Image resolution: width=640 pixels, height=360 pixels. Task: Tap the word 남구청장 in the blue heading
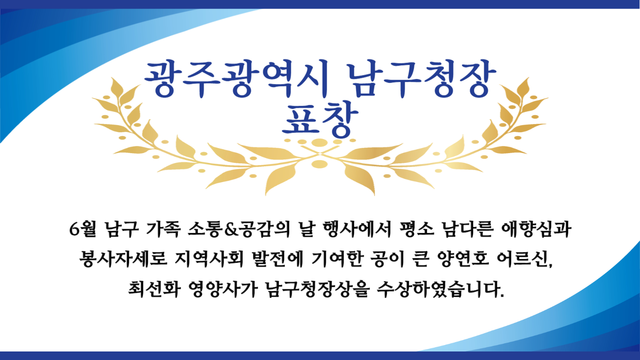click(x=422, y=78)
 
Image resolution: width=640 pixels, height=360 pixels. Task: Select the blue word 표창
click(x=320, y=119)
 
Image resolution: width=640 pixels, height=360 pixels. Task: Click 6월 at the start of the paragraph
click(x=83, y=229)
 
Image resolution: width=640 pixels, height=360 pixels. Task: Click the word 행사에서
click(x=357, y=229)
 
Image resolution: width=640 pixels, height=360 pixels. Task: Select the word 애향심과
click(x=536, y=229)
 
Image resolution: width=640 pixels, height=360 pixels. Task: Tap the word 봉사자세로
click(x=123, y=259)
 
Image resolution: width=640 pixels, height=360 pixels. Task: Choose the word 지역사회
click(x=209, y=259)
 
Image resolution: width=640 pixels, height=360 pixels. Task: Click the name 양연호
click(x=463, y=259)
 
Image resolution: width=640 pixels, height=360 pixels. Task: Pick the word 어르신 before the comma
click(x=523, y=259)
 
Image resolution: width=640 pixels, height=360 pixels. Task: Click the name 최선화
click(x=154, y=289)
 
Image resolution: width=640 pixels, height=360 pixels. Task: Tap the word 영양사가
click(x=223, y=289)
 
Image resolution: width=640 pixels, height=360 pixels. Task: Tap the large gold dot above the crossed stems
click(x=320, y=142)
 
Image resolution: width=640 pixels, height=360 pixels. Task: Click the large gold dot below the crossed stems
click(x=320, y=164)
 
